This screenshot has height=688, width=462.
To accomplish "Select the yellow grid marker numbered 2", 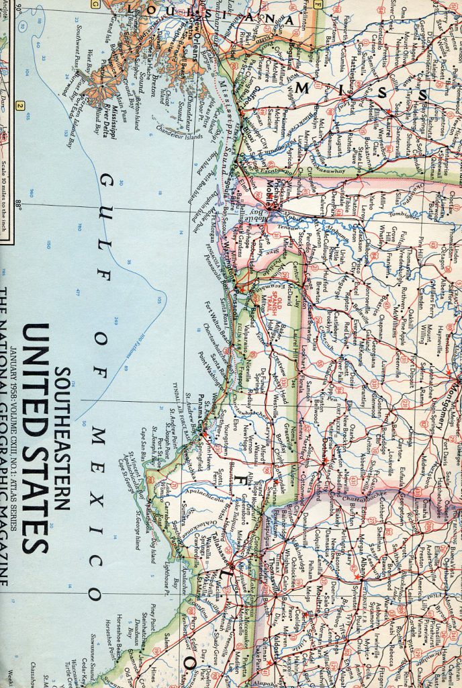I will click(21, 104).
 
